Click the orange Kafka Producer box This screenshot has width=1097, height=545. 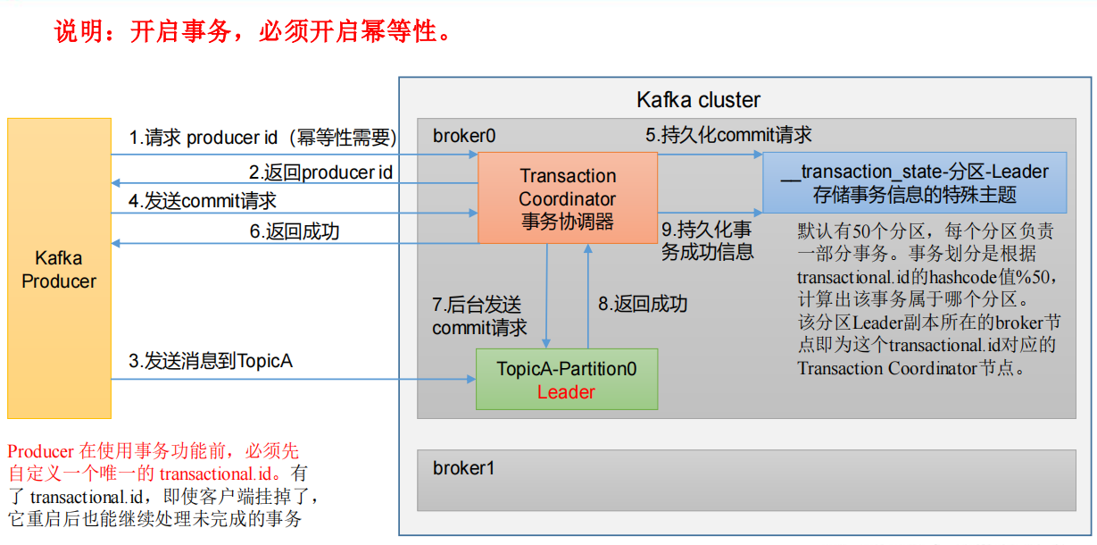(59, 269)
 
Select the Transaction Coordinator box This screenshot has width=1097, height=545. (568, 198)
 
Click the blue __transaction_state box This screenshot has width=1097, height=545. (913, 182)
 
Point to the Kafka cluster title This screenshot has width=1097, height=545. (698, 99)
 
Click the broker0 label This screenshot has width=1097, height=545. (464, 136)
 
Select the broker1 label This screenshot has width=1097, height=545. (464, 468)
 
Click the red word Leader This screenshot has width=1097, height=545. (566, 392)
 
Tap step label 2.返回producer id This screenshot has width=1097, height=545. (320, 172)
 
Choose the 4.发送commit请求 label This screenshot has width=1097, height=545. (203, 201)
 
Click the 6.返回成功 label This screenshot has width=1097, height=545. (294, 231)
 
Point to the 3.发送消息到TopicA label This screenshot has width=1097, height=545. (211, 362)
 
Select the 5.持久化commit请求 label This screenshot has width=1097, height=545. (728, 135)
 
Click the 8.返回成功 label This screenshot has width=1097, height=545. (643, 304)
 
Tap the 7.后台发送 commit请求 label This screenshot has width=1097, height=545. (479, 316)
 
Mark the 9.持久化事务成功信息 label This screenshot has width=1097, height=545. (707, 241)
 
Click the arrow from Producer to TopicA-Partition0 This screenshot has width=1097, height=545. (295, 379)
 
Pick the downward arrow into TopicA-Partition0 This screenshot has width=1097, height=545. (547, 295)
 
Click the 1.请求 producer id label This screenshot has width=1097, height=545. (262, 138)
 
